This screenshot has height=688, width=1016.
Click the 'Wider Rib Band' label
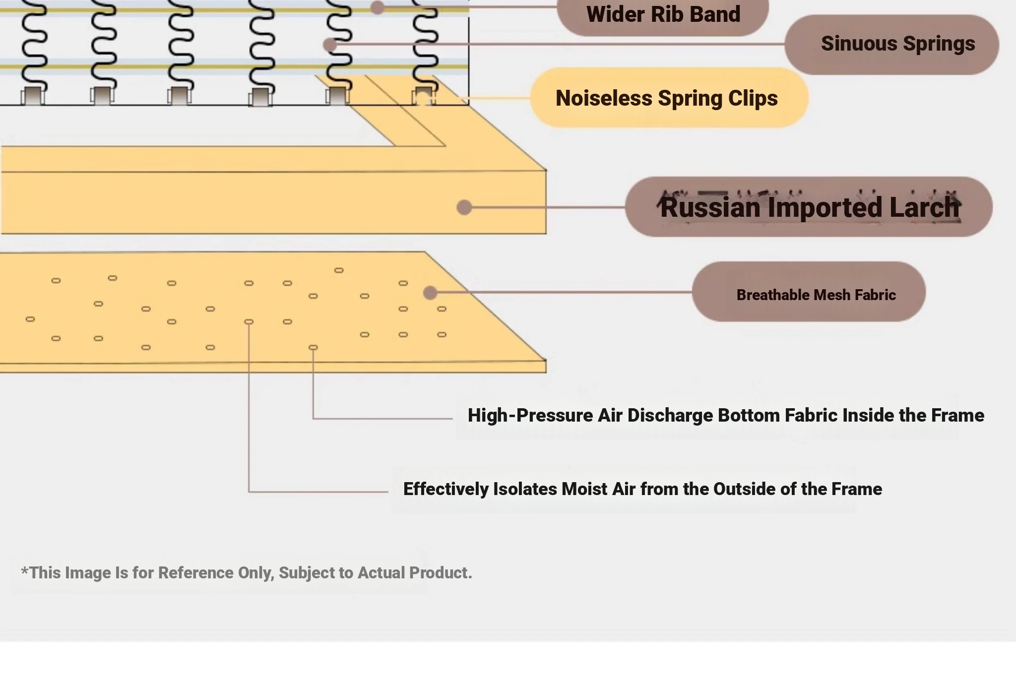tap(663, 15)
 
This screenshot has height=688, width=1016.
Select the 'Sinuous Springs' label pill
tap(891, 44)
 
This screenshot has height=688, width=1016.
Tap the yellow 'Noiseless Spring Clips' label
tap(669, 98)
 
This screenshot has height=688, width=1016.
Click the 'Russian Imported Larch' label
tap(809, 207)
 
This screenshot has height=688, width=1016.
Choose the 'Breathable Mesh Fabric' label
tap(809, 292)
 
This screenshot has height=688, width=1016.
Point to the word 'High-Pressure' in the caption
tap(530, 416)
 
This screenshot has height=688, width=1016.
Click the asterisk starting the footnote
tap(24, 570)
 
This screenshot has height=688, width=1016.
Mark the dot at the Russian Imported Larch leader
tap(464, 207)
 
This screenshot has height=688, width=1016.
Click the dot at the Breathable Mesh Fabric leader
tap(430, 293)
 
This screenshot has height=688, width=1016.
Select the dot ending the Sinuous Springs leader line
tap(330, 45)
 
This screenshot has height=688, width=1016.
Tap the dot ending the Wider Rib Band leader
tap(378, 7)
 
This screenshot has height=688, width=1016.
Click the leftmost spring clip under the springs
tap(33, 96)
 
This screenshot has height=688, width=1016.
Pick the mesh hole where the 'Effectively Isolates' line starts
tap(249, 322)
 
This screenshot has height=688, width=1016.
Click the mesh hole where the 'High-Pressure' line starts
tap(313, 348)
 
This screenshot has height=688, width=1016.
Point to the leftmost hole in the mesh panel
tap(30, 319)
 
